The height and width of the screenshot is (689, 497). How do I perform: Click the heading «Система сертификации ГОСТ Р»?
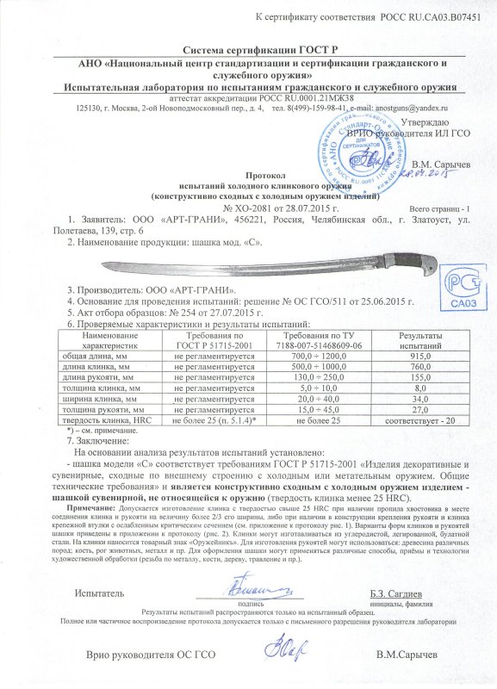coord(247,52)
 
